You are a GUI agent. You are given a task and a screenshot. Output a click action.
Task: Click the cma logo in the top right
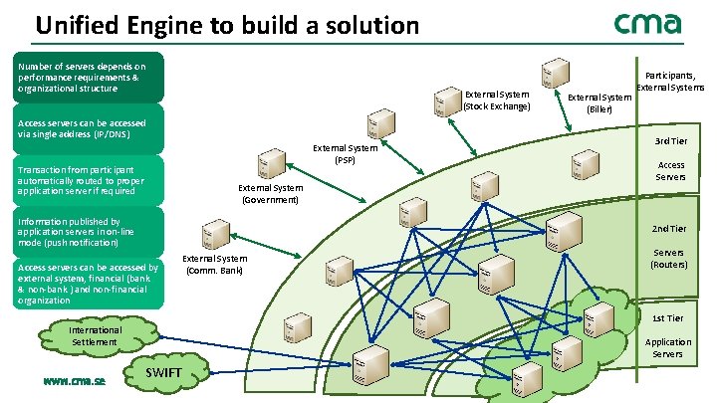coord(647,24)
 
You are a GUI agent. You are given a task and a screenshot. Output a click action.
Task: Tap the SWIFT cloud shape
coord(163,372)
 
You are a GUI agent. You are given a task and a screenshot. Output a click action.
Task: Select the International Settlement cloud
coord(96,336)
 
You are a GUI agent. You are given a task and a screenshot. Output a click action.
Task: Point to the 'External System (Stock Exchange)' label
coord(497,100)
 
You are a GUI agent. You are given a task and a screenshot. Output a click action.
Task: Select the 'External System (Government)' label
coord(270,193)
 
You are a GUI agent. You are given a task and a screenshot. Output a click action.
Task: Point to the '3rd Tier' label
coord(668,140)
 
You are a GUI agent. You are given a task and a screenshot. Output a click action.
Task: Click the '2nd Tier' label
coord(668,229)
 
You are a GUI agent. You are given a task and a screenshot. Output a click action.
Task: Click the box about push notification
coord(84,233)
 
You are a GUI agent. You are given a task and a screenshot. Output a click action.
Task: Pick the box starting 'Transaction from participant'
coord(84,180)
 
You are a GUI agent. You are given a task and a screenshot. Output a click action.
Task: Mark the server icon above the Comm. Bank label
coord(212,236)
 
